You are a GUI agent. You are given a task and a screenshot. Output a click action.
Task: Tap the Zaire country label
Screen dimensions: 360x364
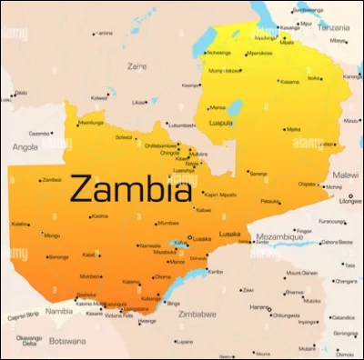coord(137,65)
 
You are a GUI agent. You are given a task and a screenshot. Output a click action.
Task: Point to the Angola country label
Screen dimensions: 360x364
coord(25,145)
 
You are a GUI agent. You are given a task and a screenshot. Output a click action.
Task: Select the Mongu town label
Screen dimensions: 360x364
coord(53,235)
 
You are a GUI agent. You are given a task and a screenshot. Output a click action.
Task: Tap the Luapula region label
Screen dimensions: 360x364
coord(221,121)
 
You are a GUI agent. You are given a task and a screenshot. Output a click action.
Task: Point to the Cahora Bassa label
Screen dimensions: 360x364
coord(337,242)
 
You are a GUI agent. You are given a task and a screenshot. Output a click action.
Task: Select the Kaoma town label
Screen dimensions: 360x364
coord(100,216)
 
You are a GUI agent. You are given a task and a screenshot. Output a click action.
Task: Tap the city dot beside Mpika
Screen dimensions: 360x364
coord(285,130)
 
